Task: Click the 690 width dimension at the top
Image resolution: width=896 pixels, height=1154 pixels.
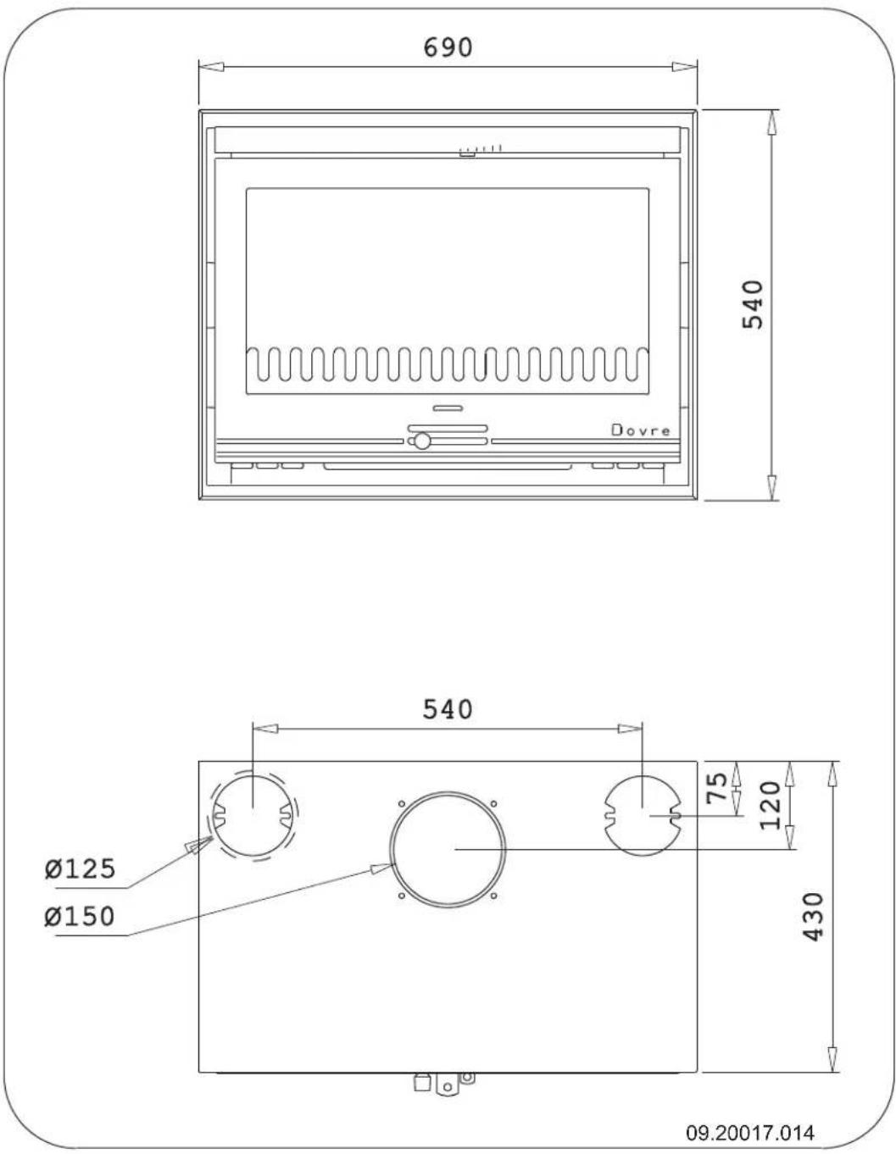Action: [448, 47]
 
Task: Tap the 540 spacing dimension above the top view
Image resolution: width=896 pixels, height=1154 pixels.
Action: [448, 708]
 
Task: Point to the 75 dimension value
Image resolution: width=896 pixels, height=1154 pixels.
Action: [717, 789]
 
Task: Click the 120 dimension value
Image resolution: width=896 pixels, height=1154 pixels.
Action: [770, 805]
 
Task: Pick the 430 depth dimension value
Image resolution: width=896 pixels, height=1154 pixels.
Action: [813, 917]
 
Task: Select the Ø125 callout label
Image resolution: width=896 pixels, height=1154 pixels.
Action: [81, 868]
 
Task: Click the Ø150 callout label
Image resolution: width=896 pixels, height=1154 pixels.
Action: [81, 916]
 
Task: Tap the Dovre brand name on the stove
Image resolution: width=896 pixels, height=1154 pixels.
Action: [641, 430]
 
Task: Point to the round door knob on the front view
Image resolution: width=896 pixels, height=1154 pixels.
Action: [421, 441]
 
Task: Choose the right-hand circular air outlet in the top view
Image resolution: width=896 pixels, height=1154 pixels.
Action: [642, 814]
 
